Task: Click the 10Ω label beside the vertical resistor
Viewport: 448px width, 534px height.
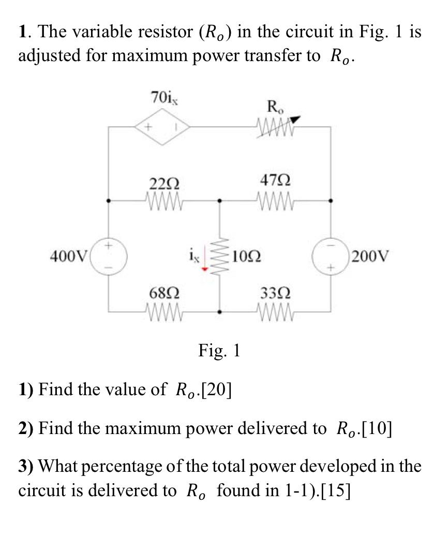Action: pos(246,256)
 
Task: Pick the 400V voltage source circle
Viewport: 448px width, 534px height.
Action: pos(108,255)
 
